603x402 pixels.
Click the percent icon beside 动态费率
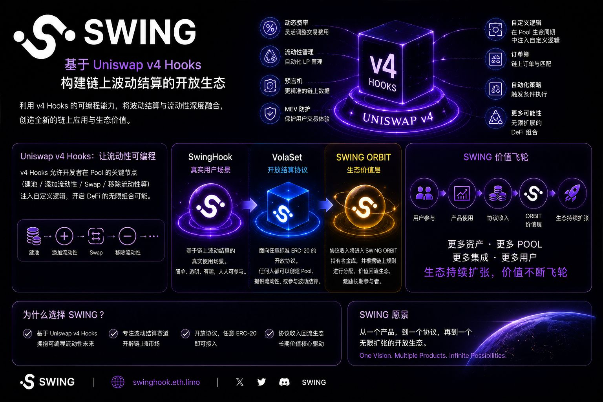[x=270, y=27]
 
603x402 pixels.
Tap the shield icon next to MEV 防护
[x=270, y=113]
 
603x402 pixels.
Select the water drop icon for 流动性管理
[x=270, y=56]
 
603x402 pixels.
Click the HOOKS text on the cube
[x=382, y=84]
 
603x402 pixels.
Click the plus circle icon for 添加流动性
[x=64, y=236]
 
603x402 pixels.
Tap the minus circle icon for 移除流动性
[x=127, y=236]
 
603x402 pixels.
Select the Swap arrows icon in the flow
[x=96, y=236]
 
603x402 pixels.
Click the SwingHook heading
[x=210, y=157]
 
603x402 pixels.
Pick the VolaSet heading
[x=287, y=157]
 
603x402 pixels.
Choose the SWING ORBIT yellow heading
[x=364, y=157]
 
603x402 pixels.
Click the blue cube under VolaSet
[x=287, y=206]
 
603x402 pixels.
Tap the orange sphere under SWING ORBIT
[x=364, y=206]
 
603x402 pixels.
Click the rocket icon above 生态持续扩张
[x=572, y=193]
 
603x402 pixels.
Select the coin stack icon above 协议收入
[x=497, y=193]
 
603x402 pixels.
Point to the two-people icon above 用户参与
[x=424, y=193]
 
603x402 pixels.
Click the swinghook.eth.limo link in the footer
[x=166, y=382]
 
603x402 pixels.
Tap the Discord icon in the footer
[x=284, y=382]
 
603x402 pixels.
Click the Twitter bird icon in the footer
[x=261, y=382]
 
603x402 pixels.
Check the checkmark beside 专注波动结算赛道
[x=113, y=334]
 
